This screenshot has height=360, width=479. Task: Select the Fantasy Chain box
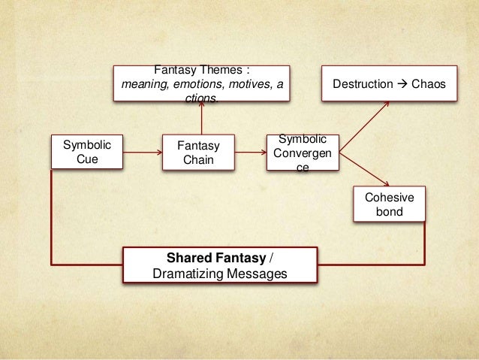(199, 153)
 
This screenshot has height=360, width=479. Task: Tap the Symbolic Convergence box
(302, 153)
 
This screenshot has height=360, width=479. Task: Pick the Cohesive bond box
(388, 204)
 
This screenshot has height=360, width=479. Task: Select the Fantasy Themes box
(202, 84)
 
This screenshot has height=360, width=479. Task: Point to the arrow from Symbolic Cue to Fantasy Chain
(143, 153)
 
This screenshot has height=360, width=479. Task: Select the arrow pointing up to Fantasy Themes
(201, 116)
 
